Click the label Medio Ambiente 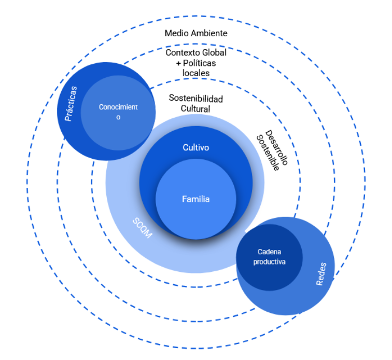click(x=196, y=33)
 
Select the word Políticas click(x=199, y=63)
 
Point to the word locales click(x=196, y=73)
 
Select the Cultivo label click(x=196, y=148)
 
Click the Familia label click(x=196, y=199)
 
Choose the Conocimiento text click(x=119, y=112)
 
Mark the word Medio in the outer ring click(x=176, y=33)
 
